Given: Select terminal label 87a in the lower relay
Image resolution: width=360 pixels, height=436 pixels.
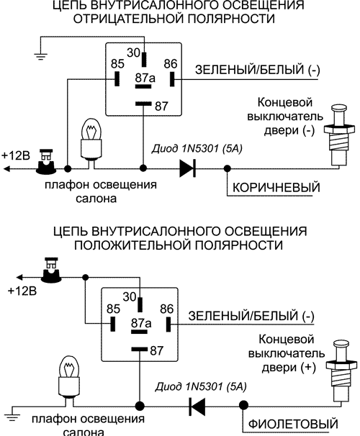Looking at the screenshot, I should (141, 324).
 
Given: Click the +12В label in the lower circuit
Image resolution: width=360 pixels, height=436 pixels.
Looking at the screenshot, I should (20, 291).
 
